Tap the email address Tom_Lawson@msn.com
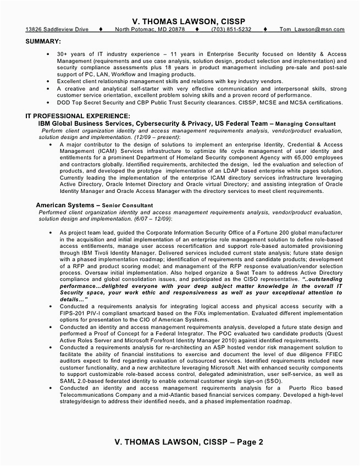coord(311,29)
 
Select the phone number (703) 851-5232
coord(231,29)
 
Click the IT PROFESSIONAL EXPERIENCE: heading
coord(78,116)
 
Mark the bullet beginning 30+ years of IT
coord(51,54)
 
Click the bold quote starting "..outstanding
coord(324,279)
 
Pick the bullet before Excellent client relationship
coord(51,81)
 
